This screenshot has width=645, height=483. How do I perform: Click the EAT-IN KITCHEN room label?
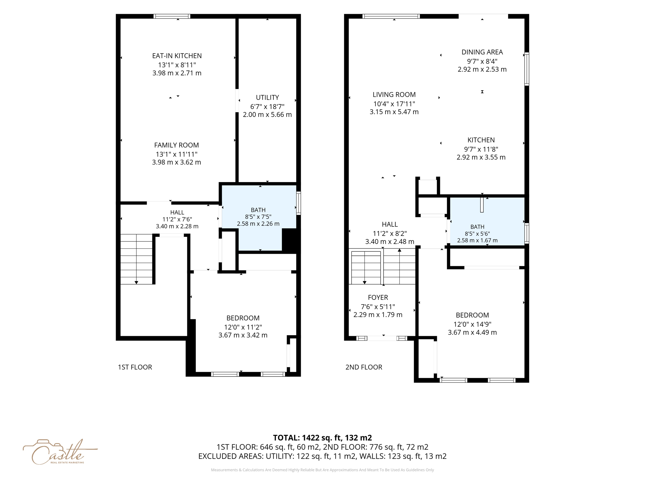pyautogui.click(x=177, y=56)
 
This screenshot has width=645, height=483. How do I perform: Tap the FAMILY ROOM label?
pyautogui.click(x=176, y=145)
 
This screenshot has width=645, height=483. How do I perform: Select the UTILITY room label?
pyautogui.click(x=267, y=97)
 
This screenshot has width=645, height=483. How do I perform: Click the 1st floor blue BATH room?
pyautogui.click(x=258, y=217)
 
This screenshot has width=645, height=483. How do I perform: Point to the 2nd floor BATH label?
pyautogui.click(x=477, y=227)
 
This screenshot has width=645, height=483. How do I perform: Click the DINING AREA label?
pyautogui.click(x=482, y=52)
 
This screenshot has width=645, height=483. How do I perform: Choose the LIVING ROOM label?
pyautogui.click(x=394, y=95)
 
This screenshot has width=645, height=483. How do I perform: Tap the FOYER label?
pyautogui.click(x=378, y=297)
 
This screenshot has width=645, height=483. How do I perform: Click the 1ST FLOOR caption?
pyautogui.click(x=135, y=367)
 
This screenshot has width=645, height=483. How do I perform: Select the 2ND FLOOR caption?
pyautogui.click(x=364, y=367)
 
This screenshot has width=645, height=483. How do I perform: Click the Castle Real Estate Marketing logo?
pyautogui.click(x=60, y=452)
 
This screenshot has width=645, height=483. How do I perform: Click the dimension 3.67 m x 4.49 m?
pyautogui.click(x=472, y=332)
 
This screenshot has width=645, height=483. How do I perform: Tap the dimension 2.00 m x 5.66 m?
pyautogui.click(x=267, y=115)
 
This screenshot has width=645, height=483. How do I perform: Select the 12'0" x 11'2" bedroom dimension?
pyautogui.click(x=243, y=327)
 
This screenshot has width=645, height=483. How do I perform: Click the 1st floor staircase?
pyautogui.click(x=136, y=259)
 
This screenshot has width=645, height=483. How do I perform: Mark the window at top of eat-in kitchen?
pyautogui.click(x=172, y=16)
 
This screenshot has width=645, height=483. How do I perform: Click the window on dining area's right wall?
pyautogui.click(x=527, y=69)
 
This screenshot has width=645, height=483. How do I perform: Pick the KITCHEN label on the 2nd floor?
pyautogui.click(x=481, y=140)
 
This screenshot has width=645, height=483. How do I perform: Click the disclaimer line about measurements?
pyautogui.click(x=322, y=470)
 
